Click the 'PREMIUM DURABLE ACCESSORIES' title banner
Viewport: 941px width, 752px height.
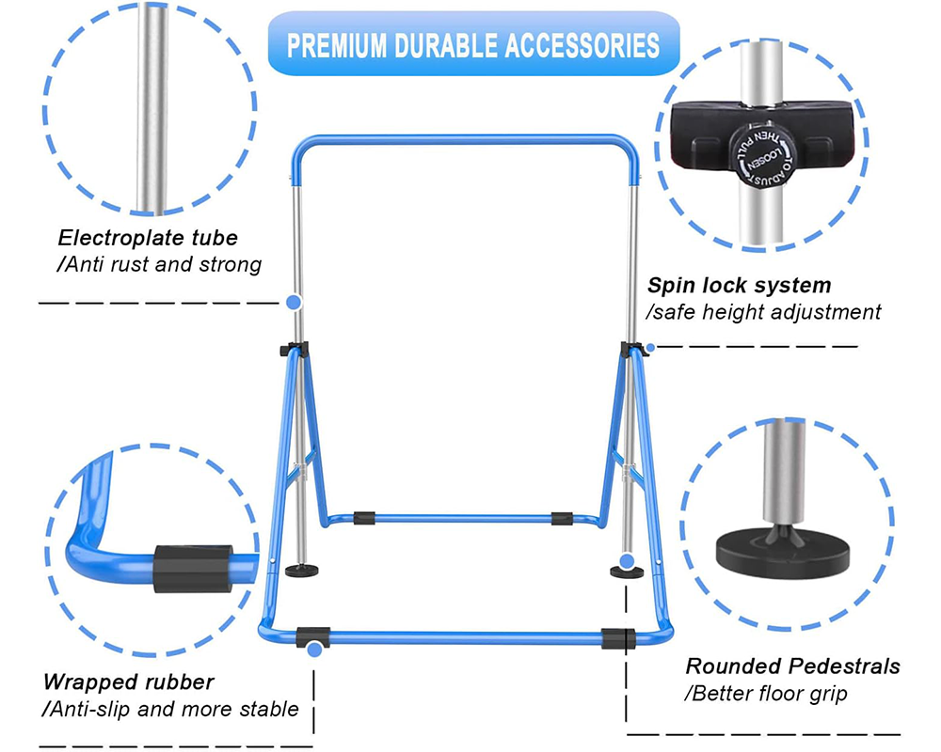[473, 43]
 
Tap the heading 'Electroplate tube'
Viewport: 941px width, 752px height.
[148, 238]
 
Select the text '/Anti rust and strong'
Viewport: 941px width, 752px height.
[159, 265]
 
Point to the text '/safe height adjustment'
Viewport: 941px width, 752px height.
[763, 311]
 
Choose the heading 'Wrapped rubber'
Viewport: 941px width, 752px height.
[129, 681]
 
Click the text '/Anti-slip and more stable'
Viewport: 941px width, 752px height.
[170, 709]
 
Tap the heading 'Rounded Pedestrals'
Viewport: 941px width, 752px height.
[792, 666]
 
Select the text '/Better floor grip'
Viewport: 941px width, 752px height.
[766, 694]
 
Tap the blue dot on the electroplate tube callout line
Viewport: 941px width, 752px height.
[293, 303]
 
